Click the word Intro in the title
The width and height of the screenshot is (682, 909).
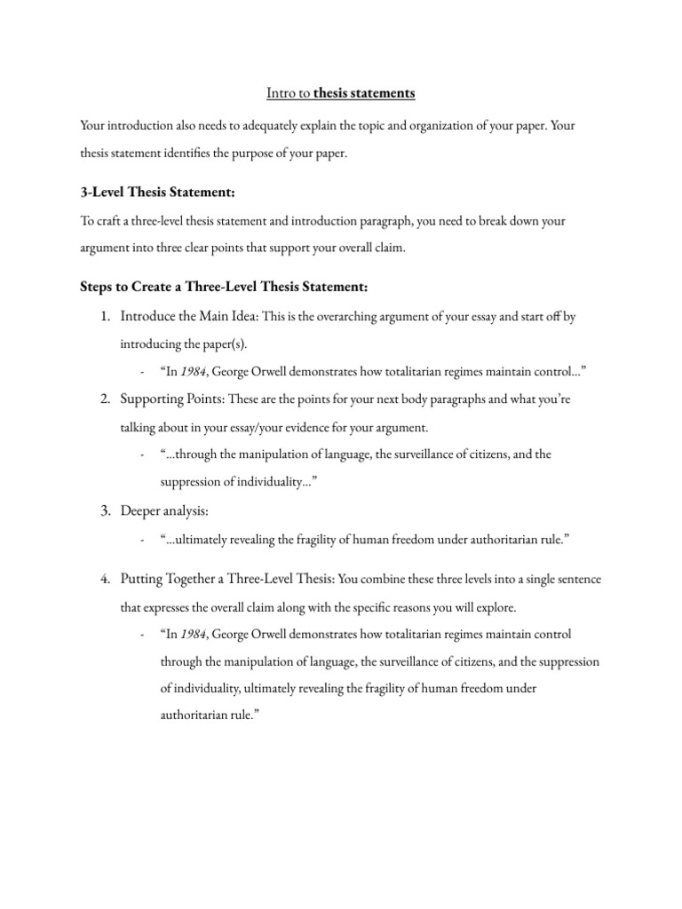tap(282, 92)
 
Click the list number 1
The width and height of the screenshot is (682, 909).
tap(104, 317)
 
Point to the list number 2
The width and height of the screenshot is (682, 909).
tap(104, 399)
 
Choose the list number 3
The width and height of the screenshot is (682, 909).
tap(104, 511)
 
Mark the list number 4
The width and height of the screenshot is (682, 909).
tap(104, 580)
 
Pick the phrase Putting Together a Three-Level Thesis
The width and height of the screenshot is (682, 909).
tap(226, 580)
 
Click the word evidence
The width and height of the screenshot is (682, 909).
tap(313, 427)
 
